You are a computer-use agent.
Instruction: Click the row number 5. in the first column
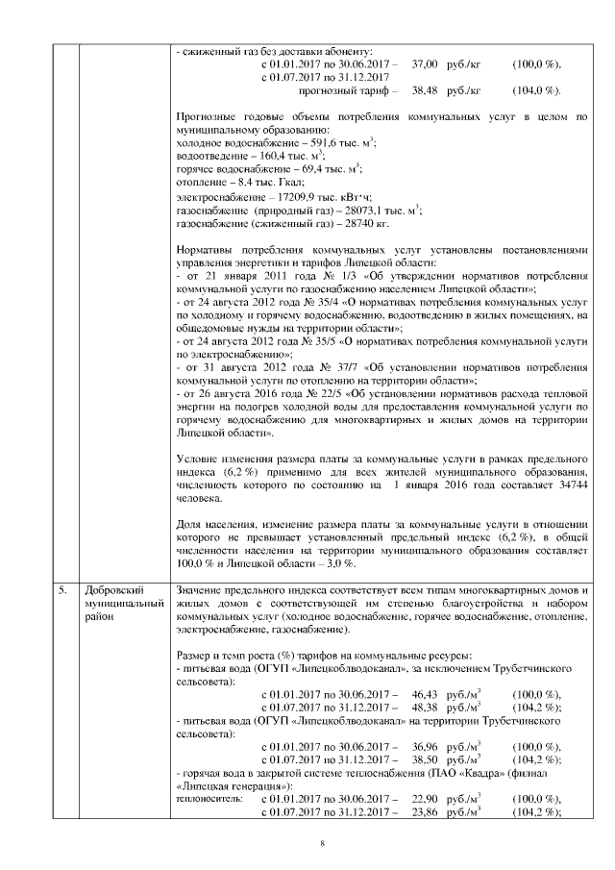click(61, 587)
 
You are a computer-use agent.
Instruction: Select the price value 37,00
click(425, 62)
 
